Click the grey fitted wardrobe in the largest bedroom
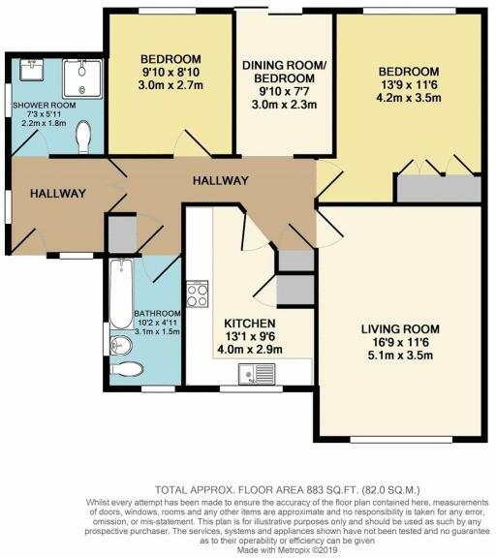[x=441, y=188]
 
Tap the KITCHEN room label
[x=250, y=323]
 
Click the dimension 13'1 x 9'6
[x=250, y=337]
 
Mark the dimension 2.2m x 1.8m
[x=38, y=124]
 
